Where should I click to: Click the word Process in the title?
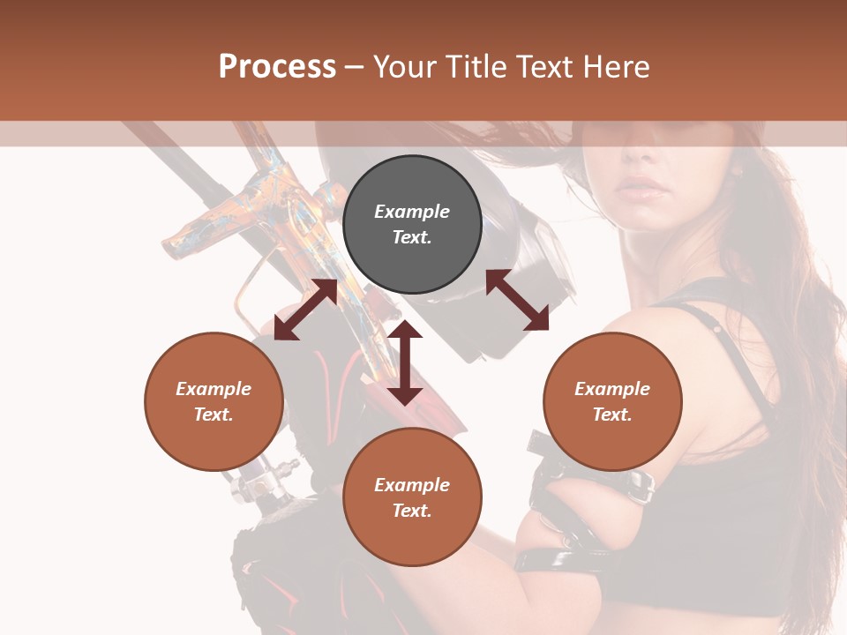[x=277, y=66]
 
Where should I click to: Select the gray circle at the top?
[x=412, y=224]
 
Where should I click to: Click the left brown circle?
[x=214, y=401]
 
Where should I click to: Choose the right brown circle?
[x=612, y=401]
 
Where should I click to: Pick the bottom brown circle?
[x=412, y=497]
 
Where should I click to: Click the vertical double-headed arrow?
[x=405, y=362]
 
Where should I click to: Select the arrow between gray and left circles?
[x=306, y=310]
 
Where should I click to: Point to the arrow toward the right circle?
[x=518, y=300]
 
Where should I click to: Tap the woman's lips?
[x=641, y=189]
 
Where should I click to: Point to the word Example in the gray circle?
[x=412, y=212]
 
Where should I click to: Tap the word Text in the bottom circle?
[x=412, y=511]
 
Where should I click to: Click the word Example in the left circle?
[x=214, y=389]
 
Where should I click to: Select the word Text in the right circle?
[x=612, y=415]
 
